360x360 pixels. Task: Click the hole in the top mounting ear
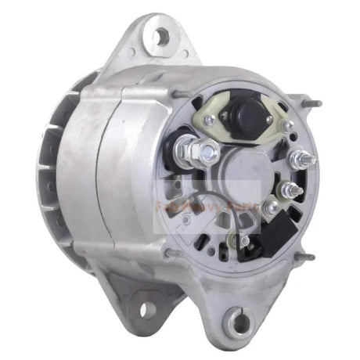162,34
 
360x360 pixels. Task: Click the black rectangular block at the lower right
279,227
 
